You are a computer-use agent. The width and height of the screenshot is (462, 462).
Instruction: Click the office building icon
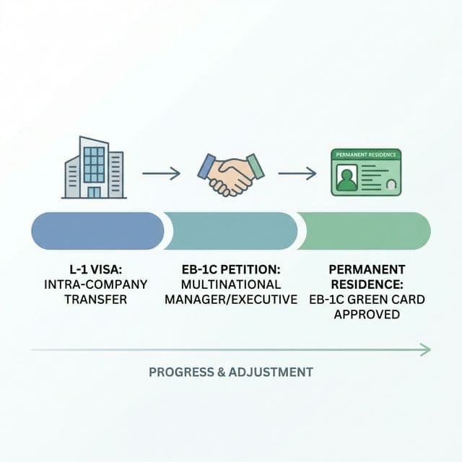point(95,167)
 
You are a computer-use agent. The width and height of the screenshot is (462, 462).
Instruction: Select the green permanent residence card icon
point(366,172)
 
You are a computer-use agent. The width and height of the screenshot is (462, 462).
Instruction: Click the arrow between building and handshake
point(161,173)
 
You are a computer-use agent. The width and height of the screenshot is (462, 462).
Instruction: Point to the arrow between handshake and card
point(297,173)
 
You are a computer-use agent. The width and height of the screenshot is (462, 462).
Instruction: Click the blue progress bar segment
point(97,231)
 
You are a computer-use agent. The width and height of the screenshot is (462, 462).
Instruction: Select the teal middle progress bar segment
point(231,231)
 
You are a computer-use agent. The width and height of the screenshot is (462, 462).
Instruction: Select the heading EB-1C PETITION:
point(231,269)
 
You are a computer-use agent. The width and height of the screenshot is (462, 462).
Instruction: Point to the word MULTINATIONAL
point(231,284)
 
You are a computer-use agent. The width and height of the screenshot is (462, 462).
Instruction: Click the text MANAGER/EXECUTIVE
point(231,299)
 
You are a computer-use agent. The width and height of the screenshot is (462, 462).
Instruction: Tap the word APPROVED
point(366,315)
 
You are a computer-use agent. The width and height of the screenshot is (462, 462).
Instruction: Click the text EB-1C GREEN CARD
point(366,299)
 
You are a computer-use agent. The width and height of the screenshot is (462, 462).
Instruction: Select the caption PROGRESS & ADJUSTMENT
point(231,372)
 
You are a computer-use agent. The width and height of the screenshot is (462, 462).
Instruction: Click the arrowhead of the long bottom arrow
point(427,350)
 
